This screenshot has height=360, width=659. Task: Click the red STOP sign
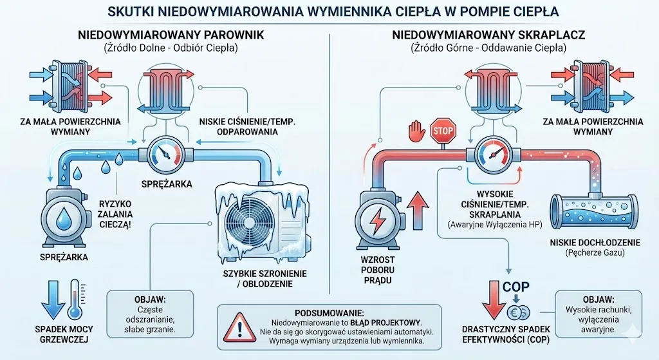coord(442,130)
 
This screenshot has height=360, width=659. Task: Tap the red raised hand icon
coord(415,131)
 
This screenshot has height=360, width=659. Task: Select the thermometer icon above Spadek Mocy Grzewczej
coord(75,298)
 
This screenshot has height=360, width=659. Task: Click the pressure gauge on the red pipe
coord(494,154)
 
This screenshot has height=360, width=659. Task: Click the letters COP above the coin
coord(515,287)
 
